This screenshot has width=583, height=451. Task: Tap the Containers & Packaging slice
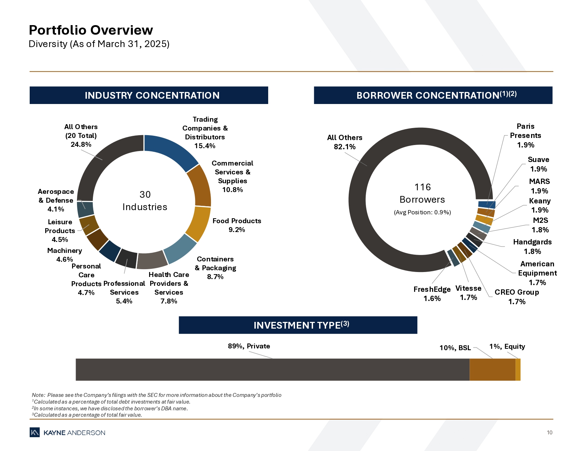click(180, 249)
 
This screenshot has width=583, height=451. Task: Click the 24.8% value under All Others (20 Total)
click(81, 144)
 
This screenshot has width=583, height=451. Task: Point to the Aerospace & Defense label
click(56, 196)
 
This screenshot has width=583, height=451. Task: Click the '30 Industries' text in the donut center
click(145, 201)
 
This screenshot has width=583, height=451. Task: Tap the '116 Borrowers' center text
click(422, 193)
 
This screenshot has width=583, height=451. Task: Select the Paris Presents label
click(525, 131)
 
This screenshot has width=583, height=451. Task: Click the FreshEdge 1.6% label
click(432, 294)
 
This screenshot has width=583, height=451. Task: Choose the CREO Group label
click(517, 292)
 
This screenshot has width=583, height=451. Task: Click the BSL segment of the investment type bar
click(492, 370)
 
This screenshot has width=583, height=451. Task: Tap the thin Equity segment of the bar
click(518, 370)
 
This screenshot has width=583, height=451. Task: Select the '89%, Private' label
click(249, 346)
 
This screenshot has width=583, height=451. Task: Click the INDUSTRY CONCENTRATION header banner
click(149, 96)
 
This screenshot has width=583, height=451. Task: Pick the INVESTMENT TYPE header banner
click(298, 325)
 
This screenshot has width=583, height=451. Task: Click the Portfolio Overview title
click(91, 30)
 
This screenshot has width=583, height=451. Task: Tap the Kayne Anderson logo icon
click(35, 432)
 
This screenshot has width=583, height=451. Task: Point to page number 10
click(549, 433)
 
